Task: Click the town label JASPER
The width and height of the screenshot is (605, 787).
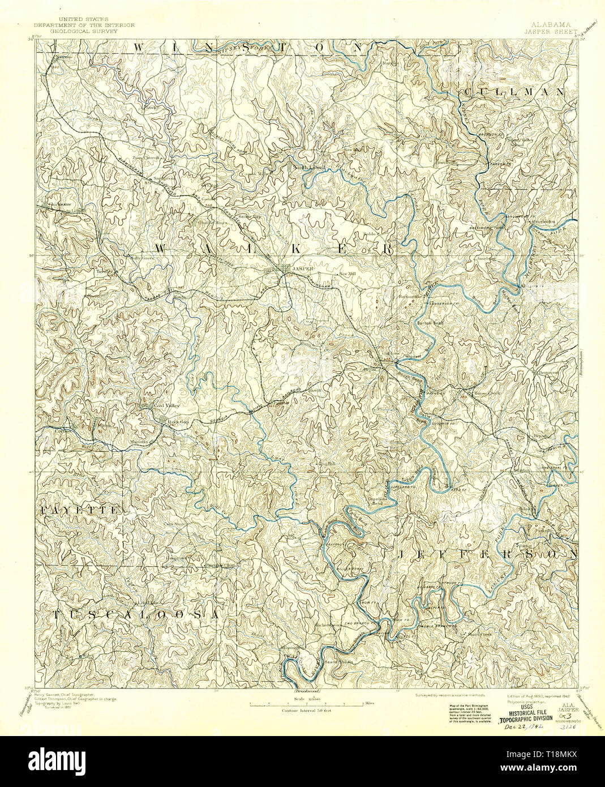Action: [x=302, y=269]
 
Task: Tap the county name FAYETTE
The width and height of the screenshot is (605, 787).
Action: [x=80, y=511]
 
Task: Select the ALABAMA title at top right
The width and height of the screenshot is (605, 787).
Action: [x=551, y=25]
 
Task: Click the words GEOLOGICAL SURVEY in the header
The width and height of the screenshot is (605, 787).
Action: [x=83, y=32]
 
